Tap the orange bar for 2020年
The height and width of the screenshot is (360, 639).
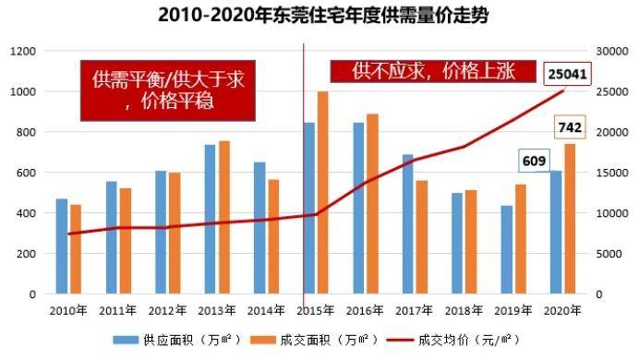569,219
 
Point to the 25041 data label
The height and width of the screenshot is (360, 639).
567,73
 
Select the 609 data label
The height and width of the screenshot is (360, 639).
531,161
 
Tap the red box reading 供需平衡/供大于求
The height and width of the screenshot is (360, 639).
166,90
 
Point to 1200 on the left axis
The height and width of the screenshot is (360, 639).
24,51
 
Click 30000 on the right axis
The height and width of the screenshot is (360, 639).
610,51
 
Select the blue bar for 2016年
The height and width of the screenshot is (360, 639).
358,208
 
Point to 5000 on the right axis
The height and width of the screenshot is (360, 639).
608,254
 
